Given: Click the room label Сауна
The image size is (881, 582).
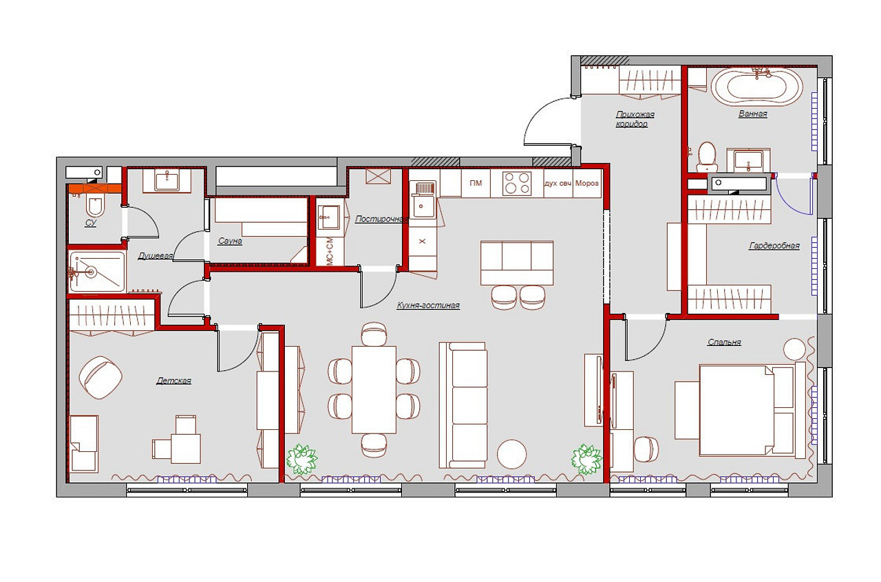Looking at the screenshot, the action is (230, 241).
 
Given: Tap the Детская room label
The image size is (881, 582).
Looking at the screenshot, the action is (174, 380).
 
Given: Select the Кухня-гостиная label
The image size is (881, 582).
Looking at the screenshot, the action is (428, 305).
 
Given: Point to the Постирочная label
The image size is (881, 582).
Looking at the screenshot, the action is (381, 219).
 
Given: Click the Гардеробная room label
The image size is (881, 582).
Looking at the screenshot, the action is (774, 246).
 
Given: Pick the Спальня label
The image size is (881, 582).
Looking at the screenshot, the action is (724, 342).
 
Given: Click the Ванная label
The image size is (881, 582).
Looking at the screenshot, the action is (753, 114).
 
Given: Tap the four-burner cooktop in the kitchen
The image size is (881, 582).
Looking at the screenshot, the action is (517, 183).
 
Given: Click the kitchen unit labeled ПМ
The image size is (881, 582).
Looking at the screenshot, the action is (476, 183).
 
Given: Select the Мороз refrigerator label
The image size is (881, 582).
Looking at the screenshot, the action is (587, 183).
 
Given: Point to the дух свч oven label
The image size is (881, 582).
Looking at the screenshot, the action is (558, 183).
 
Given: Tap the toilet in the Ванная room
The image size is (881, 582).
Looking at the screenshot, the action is (707, 157).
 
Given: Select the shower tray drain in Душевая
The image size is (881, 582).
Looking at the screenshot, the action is (92, 272).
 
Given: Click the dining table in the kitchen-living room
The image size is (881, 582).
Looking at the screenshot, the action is (374, 389).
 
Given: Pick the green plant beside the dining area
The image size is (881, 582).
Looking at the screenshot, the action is (301, 460).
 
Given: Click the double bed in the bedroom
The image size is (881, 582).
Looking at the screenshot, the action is (747, 410).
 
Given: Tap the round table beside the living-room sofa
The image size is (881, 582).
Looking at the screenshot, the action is (511, 454).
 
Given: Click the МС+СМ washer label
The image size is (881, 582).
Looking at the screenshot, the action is (330, 250).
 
